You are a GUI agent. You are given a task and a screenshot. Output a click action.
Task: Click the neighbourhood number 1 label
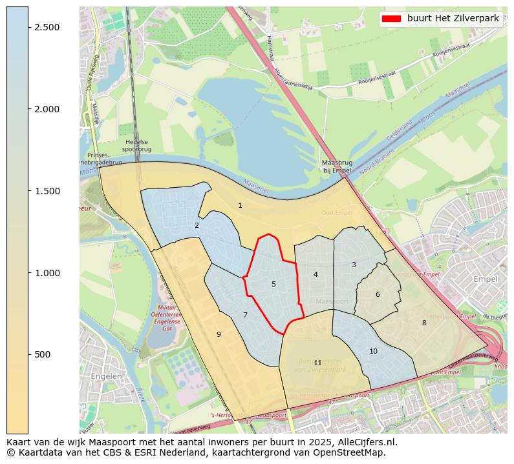[240, 206]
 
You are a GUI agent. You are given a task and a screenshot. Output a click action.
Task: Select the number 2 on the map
[197, 226]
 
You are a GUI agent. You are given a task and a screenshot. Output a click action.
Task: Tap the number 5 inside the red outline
[273, 284]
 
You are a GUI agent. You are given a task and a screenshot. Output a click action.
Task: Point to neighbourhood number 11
[317, 363]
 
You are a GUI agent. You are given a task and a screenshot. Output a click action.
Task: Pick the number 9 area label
[219, 334]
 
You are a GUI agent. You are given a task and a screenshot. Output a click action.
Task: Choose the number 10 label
[373, 352]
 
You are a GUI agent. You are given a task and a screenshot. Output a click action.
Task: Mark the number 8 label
[424, 323]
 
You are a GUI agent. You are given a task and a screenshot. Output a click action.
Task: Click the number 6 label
[378, 295]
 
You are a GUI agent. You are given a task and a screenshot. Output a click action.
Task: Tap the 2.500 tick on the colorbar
[47, 27]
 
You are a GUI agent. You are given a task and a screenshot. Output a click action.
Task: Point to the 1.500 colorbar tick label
[47, 191]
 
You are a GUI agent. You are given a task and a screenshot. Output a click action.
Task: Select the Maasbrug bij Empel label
[337, 166]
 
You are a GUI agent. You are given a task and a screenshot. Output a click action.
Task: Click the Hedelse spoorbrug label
[136, 146]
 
